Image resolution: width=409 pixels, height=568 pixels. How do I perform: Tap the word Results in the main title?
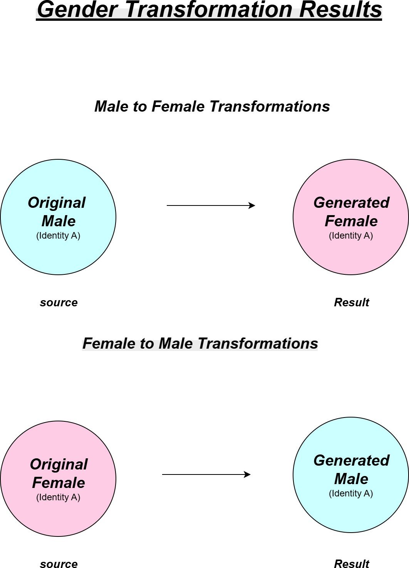pyautogui.click(x=340, y=10)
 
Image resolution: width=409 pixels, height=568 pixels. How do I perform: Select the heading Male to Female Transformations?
pyautogui.click(x=212, y=106)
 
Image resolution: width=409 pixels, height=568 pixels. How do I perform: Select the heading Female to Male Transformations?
pyautogui.click(x=200, y=343)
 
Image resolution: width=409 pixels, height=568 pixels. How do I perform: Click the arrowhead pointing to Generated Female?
pyautogui.click(x=252, y=205)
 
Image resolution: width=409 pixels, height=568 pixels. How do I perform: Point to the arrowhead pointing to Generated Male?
pyautogui.click(x=248, y=474)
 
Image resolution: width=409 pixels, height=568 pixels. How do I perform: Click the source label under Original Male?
pyautogui.click(x=59, y=302)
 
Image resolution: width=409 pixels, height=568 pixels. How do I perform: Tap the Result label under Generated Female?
pyautogui.click(x=351, y=302)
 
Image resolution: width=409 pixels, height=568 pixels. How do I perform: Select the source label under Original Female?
pyautogui.click(x=59, y=564)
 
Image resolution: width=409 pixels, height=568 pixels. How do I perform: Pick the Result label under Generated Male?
pyautogui.click(x=351, y=564)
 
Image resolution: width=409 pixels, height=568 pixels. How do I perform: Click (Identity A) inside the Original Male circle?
pyautogui.click(x=58, y=236)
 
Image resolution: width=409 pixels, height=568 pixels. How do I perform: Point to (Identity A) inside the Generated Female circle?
pyautogui.click(x=351, y=236)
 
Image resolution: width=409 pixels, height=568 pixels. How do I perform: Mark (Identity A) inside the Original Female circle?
pyautogui.click(x=58, y=497)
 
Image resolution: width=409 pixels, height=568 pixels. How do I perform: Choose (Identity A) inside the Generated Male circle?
pyautogui.click(x=351, y=493)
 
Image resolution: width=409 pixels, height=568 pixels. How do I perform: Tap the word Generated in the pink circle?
pyautogui.click(x=351, y=202)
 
